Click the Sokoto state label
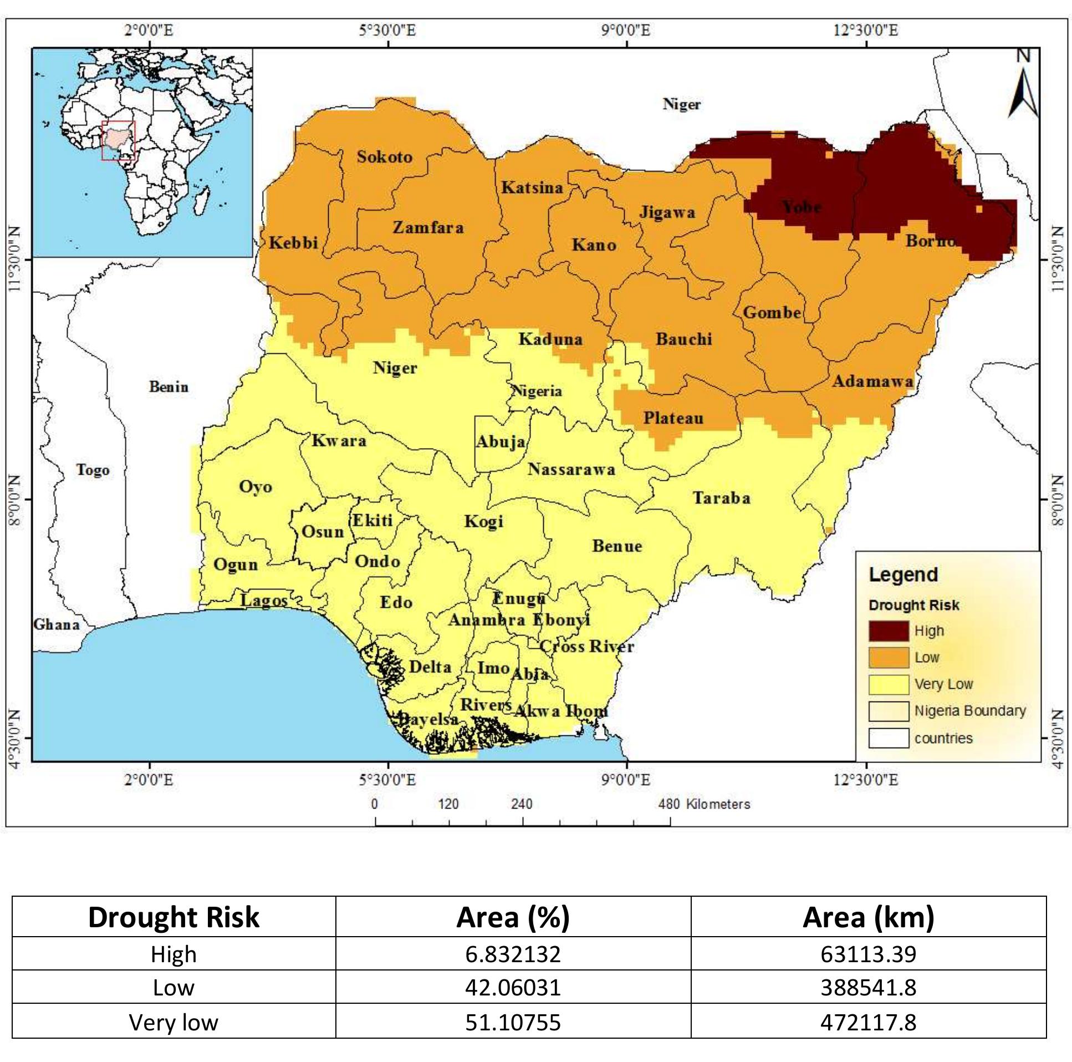[x=384, y=157]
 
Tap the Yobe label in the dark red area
[x=801, y=207]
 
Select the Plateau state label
[x=673, y=418]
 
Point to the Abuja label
[x=501, y=442]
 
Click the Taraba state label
[x=721, y=498]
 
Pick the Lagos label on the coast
[x=263, y=601]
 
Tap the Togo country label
[x=93, y=470]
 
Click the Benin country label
[x=169, y=387]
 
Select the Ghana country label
[x=57, y=624]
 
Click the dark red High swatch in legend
[x=889, y=631]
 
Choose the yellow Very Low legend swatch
[x=889, y=684]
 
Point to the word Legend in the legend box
[x=903, y=575]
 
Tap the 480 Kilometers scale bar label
[x=704, y=804]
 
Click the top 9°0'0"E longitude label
[x=626, y=30]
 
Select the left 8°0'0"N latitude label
[x=15, y=500]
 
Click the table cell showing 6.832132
[x=513, y=954]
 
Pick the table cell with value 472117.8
[x=868, y=1022]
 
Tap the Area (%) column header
[x=513, y=917]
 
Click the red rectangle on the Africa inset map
[x=118, y=140]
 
